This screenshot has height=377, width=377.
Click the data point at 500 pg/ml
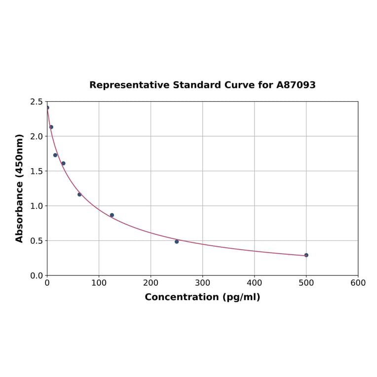coord(306,255)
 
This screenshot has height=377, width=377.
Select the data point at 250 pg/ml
coord(177,241)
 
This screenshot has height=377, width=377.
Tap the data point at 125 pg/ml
coord(112,215)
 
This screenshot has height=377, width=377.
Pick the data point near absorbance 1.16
coord(79,194)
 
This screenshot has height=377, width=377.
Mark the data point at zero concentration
coord(47,108)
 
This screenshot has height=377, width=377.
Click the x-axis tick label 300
coord(202,283)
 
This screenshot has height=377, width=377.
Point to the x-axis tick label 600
coord(358,283)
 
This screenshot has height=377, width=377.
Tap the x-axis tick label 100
coord(99,283)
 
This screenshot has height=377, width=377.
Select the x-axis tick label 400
coord(254,283)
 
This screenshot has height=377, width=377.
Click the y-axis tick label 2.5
coord(37,102)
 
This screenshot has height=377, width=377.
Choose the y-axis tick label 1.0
coord(37,206)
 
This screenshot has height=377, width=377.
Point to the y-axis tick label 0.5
coord(37,241)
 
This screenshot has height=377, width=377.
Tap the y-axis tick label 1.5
coord(37,171)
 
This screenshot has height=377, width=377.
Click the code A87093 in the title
coord(296,85)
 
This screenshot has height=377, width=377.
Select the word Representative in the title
coord(130,85)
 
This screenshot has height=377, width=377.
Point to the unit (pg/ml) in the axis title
coord(241,297)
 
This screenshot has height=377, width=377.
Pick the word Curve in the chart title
coord(240,85)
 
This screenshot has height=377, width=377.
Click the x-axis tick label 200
coord(151,283)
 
